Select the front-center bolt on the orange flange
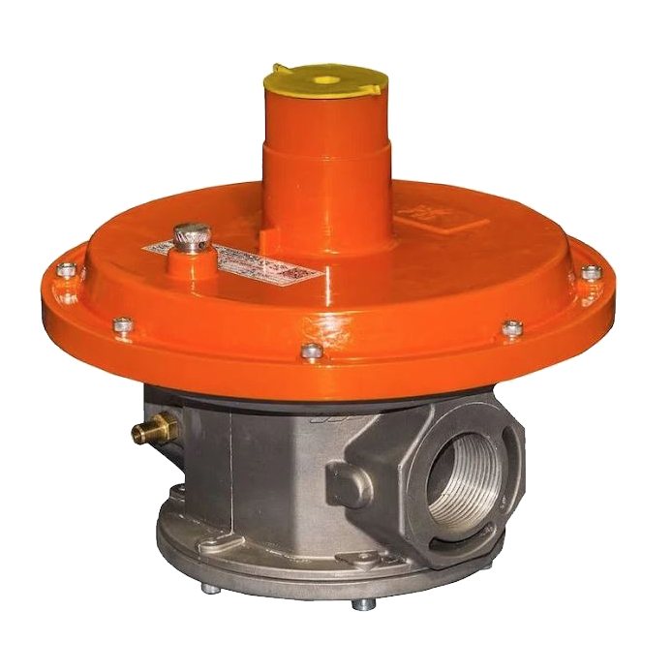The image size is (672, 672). pos(311,351)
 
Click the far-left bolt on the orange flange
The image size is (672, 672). pos(66,270)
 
